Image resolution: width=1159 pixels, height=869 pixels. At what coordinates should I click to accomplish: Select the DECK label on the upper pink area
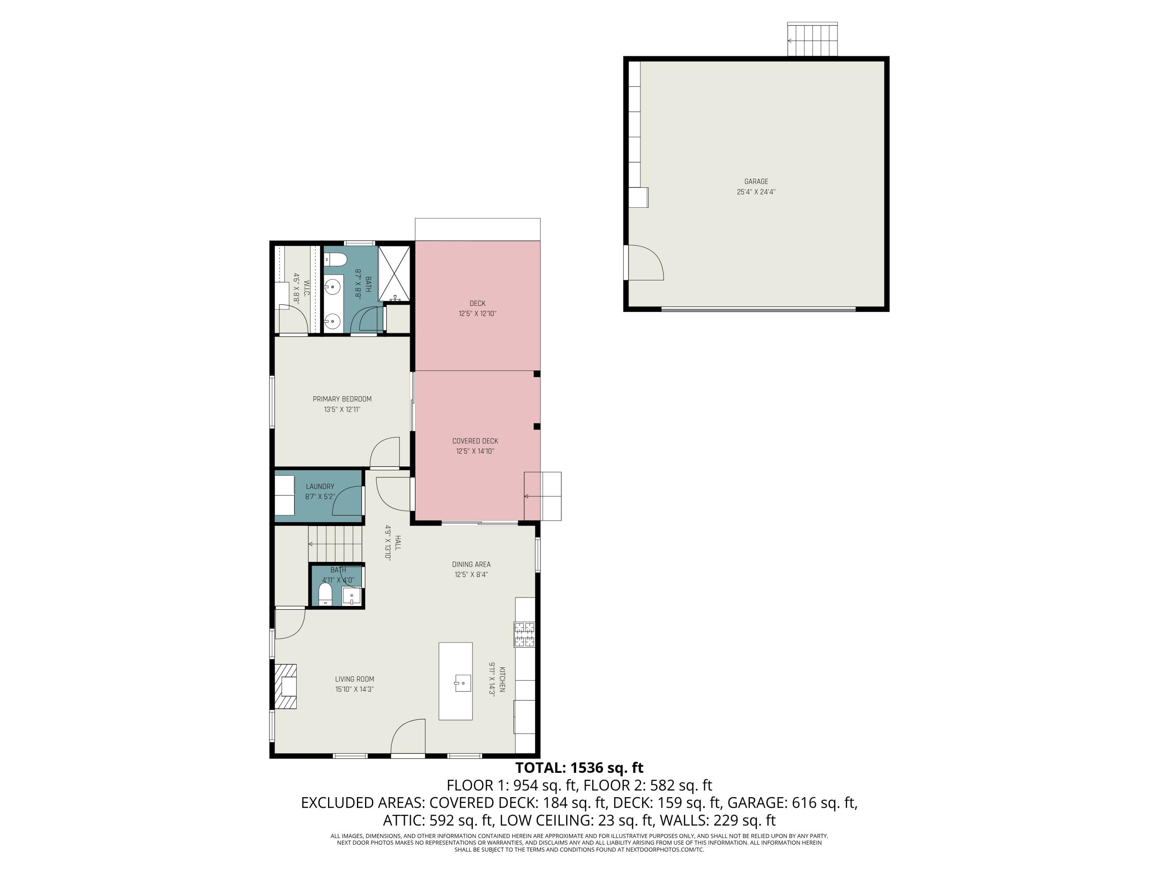(478, 303)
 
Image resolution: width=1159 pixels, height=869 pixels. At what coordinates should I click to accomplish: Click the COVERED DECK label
(475, 441)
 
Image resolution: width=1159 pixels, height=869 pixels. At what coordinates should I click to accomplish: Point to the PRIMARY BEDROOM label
(342, 399)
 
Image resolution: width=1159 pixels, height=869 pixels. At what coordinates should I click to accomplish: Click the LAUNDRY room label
(319, 487)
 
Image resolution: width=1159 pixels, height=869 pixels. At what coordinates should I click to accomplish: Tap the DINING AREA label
(471, 564)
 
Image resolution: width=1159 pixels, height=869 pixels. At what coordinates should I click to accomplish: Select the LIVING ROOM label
(354, 679)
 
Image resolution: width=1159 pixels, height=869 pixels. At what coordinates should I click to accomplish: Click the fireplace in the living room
(286, 686)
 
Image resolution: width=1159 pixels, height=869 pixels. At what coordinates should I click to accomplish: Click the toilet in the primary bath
(334, 259)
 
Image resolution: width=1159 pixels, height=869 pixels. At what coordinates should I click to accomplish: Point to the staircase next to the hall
(335, 544)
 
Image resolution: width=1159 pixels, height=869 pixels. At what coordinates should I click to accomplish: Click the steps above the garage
(812, 40)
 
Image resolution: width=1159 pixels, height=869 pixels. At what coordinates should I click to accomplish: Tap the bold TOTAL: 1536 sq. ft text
(579, 768)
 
